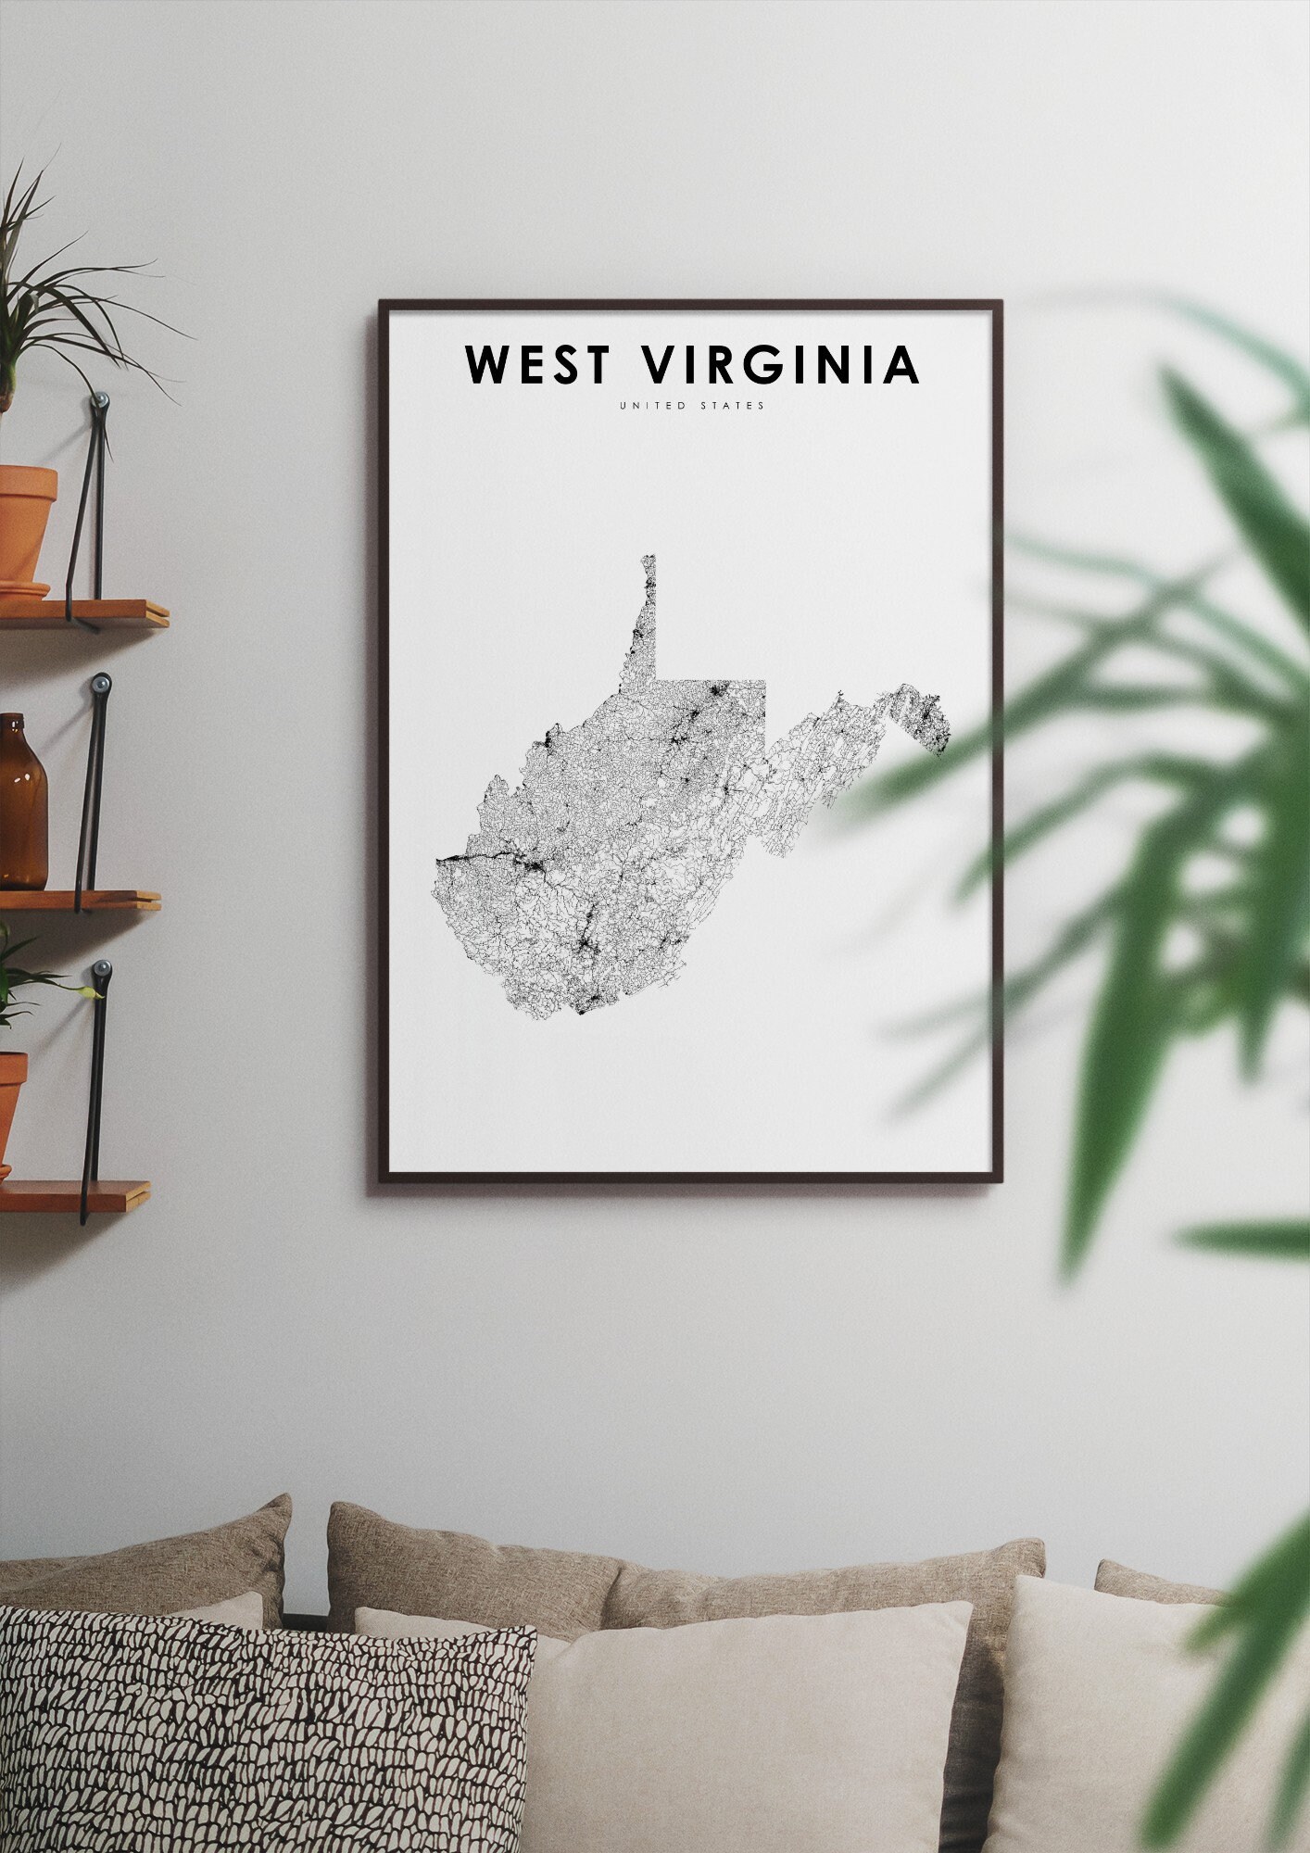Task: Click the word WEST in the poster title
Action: [x=538, y=364]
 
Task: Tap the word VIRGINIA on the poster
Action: [x=781, y=364]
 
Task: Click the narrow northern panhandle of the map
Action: [x=647, y=611]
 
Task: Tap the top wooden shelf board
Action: [x=83, y=612]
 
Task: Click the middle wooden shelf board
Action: [x=79, y=899]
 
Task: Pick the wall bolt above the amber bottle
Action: [x=101, y=685]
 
